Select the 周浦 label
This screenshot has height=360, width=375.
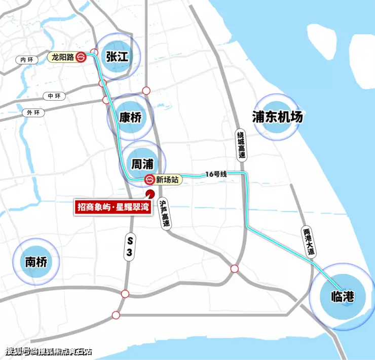point(142,165)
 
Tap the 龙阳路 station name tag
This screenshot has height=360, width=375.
point(62,57)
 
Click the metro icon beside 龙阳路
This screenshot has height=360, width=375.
point(82,57)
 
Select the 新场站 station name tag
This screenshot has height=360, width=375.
point(166,179)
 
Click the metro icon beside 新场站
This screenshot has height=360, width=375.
point(149,179)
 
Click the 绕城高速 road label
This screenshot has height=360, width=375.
point(241,145)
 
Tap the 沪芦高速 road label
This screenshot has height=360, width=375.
point(164,212)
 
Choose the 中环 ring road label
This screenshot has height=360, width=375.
point(53,96)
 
